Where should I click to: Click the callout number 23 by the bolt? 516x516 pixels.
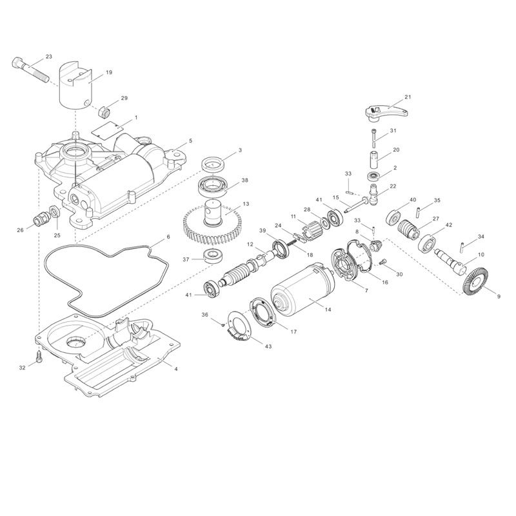click(49, 57)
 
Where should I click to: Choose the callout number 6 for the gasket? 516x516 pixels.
click(168, 237)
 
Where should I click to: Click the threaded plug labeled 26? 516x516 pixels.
click(43, 217)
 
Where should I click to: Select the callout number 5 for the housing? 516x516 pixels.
click(190, 141)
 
